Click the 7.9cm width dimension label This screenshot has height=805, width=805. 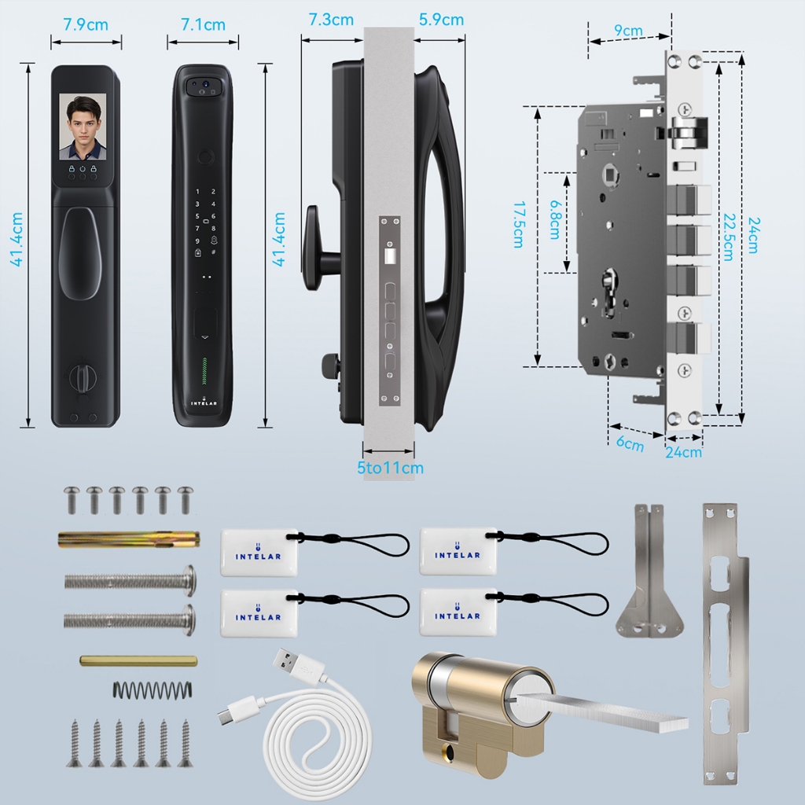click(x=86, y=24)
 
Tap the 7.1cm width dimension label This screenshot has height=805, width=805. click(x=204, y=24)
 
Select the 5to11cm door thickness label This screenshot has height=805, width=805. click(x=390, y=468)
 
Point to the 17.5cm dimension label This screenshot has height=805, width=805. click(x=519, y=225)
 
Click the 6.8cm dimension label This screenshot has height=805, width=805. click(x=556, y=220)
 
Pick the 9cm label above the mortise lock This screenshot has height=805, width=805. click(x=628, y=31)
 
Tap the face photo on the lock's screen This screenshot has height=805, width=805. click(x=83, y=127)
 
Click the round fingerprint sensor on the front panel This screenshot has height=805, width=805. click(x=206, y=157)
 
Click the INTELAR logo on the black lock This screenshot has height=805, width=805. click(x=204, y=402)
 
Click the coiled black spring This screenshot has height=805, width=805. click(x=153, y=689)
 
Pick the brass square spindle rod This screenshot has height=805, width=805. click(x=138, y=660)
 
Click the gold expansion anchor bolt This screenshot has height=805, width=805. click(x=128, y=539)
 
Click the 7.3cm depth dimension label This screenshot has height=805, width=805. click(x=331, y=20)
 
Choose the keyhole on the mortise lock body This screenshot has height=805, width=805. click(x=609, y=290)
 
